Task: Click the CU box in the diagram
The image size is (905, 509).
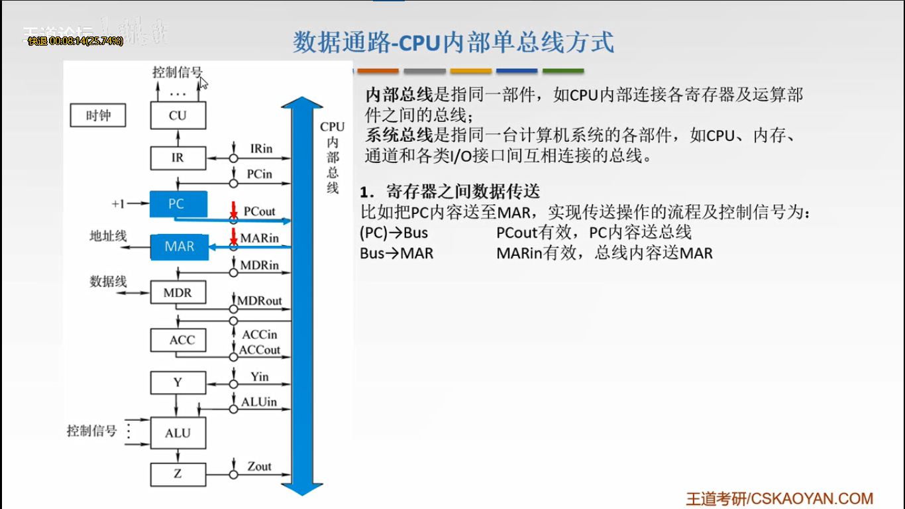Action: [178, 115]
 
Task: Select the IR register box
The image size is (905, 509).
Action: [178, 158]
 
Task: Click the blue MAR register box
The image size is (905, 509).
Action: [179, 247]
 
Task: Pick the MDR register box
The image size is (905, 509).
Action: [178, 292]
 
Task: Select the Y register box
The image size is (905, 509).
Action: [178, 382]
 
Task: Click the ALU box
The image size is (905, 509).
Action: [178, 433]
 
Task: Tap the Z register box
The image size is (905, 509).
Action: [178, 475]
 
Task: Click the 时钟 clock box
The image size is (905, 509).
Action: [98, 116]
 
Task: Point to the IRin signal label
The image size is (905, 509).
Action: [261, 148]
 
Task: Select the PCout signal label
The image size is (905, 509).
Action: [259, 211]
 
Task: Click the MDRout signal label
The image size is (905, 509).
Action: [259, 301]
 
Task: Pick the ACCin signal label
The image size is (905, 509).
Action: [259, 335]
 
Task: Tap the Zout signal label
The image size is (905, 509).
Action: [259, 467]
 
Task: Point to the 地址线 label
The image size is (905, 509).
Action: [108, 236]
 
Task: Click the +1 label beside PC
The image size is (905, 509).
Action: [118, 203]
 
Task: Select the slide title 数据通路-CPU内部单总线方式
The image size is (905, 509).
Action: [453, 41]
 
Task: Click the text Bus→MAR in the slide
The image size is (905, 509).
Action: [396, 253]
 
